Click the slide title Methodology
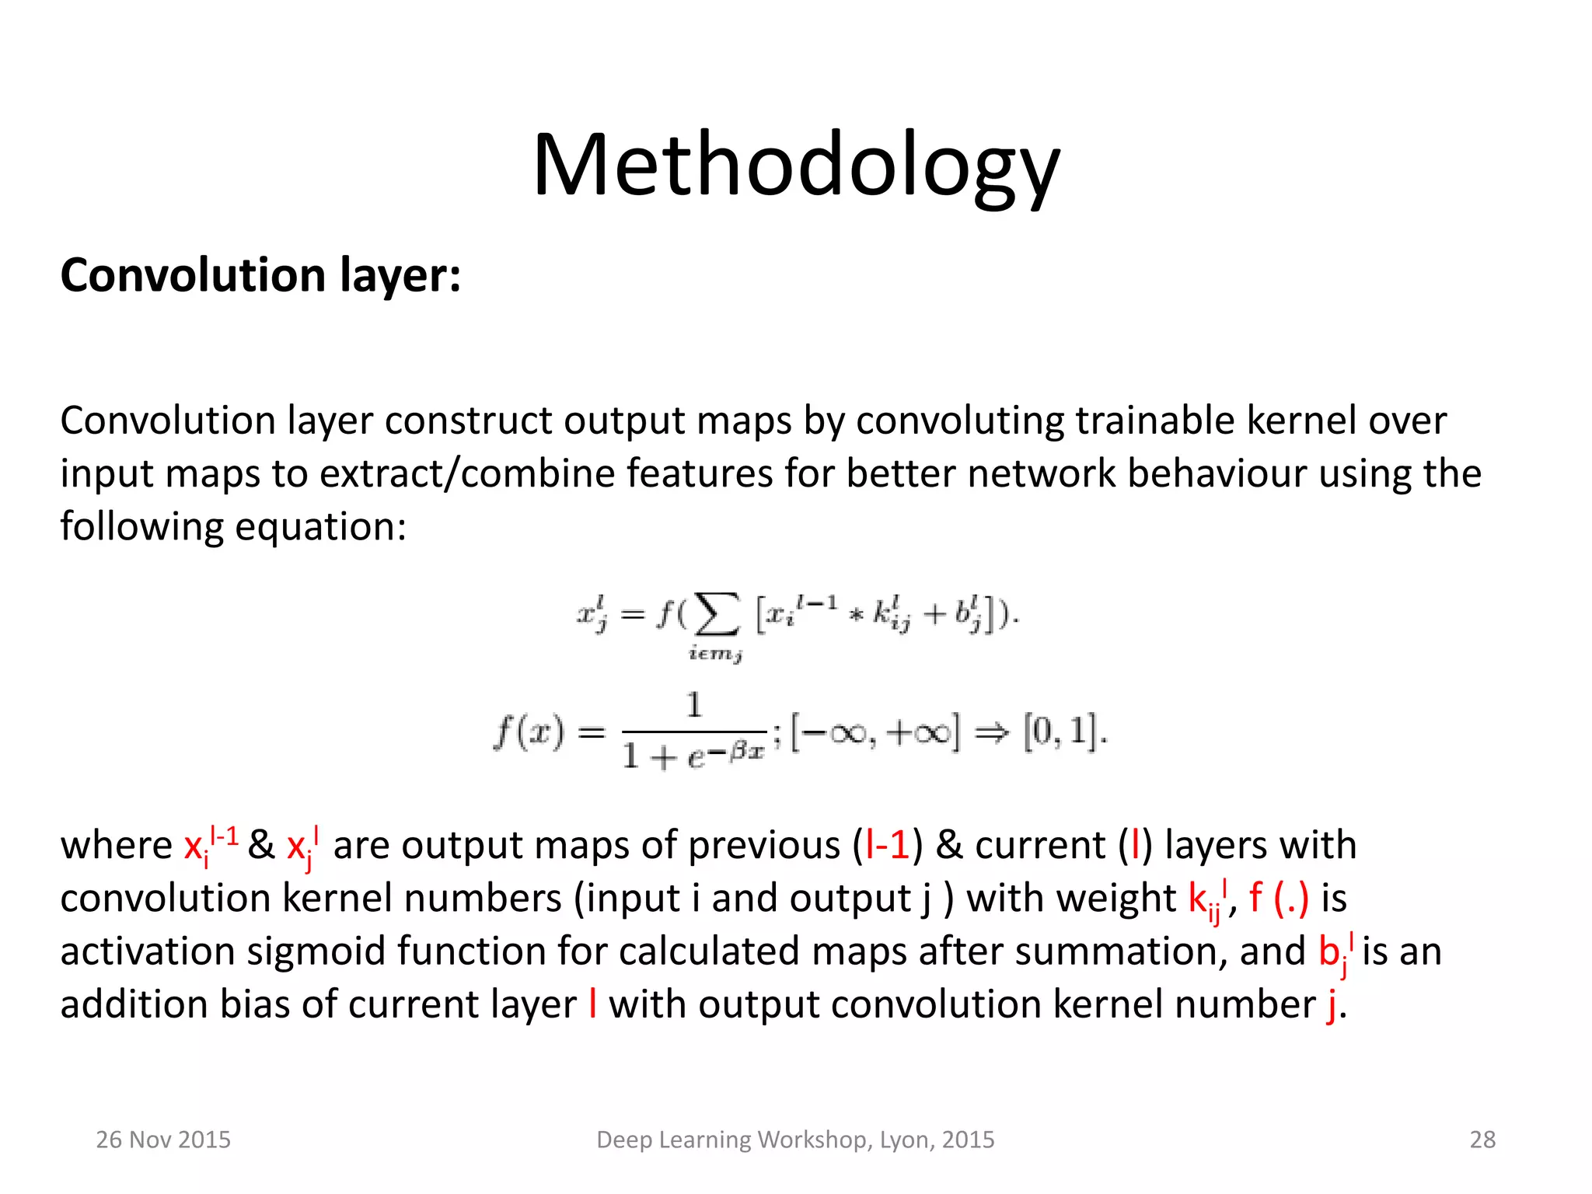pos(796,165)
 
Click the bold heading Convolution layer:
pos(260,275)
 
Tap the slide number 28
pos(1482,1140)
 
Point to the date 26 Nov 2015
pos(163,1140)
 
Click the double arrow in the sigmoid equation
pos(991,732)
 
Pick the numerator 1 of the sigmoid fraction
pos(694,705)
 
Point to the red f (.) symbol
pos(1279,898)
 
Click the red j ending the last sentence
pos(1331,1005)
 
